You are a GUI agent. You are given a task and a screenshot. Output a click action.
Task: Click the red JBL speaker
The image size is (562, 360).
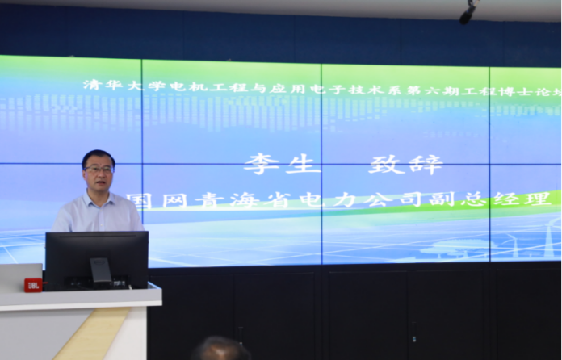tap(33, 285)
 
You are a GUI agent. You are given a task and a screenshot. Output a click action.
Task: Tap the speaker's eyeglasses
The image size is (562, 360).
tap(99, 170)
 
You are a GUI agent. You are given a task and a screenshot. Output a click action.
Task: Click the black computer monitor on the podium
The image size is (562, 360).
tap(97, 261)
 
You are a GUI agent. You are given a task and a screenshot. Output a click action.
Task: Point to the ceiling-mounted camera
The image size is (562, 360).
tap(468, 12)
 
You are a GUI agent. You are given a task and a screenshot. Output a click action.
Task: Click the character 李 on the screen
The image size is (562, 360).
tap(262, 164)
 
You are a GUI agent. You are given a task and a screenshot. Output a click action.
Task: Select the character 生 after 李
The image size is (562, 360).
tap(303, 164)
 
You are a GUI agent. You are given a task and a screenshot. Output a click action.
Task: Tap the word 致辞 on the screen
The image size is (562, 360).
tap(406, 165)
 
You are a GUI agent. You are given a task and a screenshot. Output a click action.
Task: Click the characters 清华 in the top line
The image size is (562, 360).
tap(103, 85)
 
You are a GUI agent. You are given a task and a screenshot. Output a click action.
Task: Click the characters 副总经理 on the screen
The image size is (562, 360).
tap(489, 199)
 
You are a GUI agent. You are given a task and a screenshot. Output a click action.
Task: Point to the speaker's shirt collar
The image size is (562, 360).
tap(96, 199)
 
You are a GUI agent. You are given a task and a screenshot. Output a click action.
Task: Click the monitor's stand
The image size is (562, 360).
tap(101, 273)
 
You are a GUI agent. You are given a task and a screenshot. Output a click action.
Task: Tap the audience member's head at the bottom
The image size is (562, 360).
tap(220, 349)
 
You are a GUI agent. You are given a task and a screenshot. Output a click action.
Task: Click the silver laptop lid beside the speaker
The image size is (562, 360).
tap(21, 277)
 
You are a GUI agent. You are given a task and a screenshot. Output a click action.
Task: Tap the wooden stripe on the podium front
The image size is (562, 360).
tap(92, 333)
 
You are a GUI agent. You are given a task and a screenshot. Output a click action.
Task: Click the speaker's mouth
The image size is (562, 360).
tap(100, 182)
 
